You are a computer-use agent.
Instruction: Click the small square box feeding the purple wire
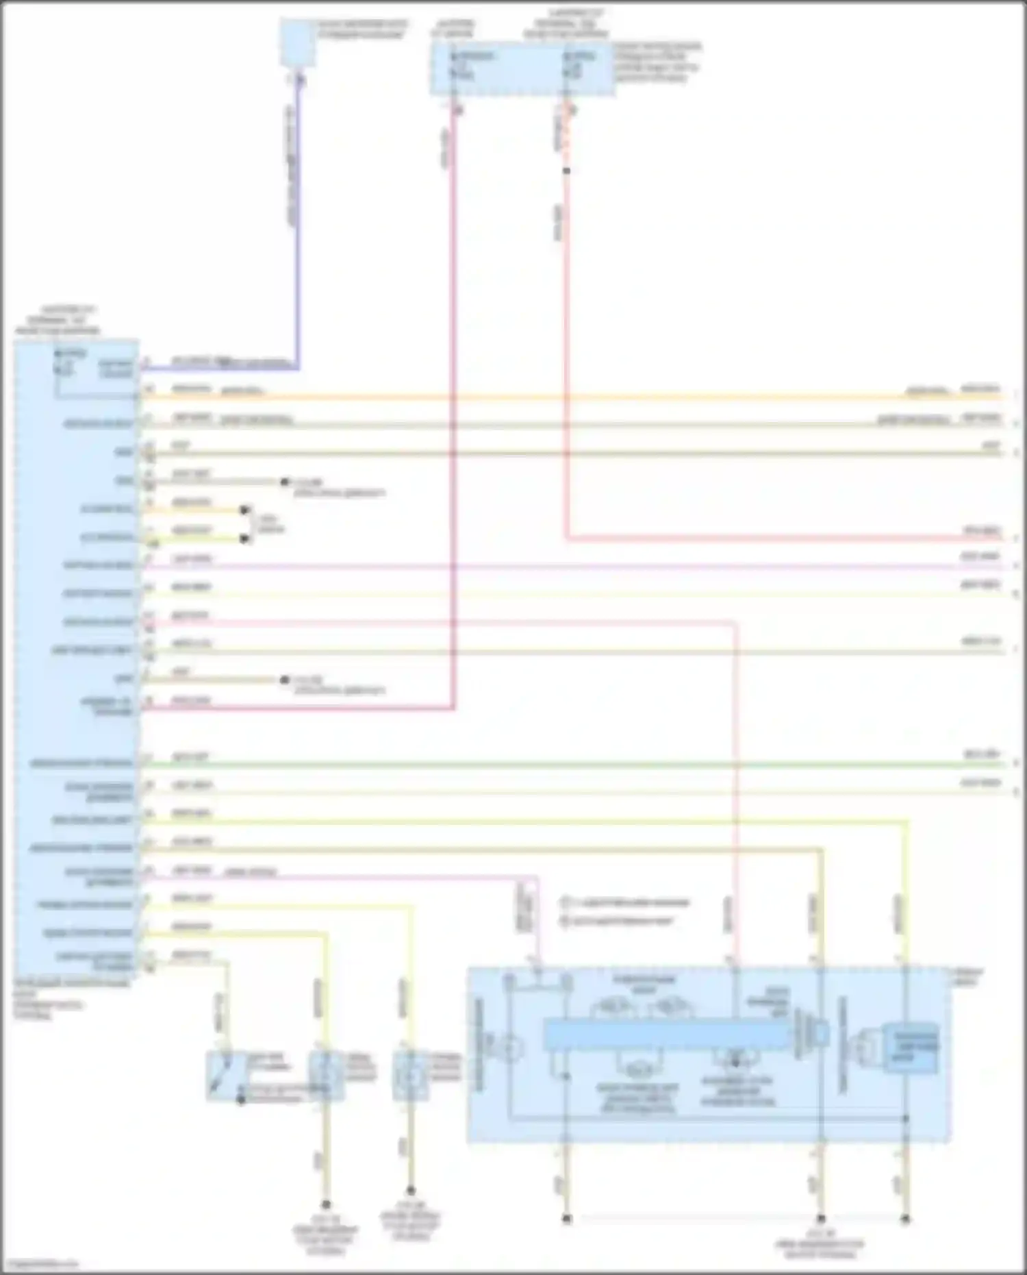pyautogui.click(x=298, y=43)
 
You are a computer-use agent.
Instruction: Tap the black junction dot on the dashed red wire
pyautogui.click(x=566, y=171)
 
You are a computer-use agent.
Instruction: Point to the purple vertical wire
pyautogui.click(x=296, y=226)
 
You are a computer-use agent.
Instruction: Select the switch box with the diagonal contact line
pyautogui.click(x=226, y=1076)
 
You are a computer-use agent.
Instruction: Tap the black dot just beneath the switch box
pyautogui.click(x=240, y=1100)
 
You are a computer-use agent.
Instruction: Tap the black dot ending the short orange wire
pyautogui.click(x=244, y=510)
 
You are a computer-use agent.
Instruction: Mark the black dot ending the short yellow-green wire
pyautogui.click(x=244, y=539)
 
